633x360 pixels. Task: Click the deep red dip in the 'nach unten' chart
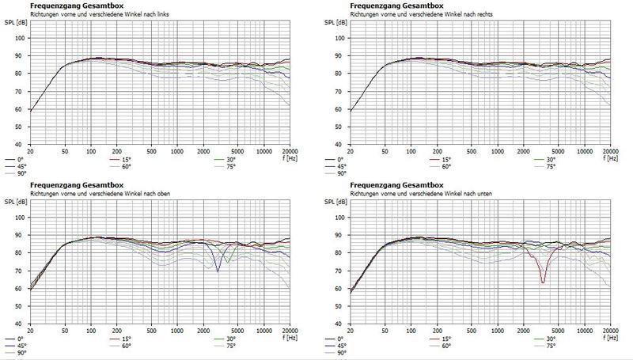(543, 281)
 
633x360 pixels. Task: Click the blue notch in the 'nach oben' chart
(218, 270)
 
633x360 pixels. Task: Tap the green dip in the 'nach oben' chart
(228, 261)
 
